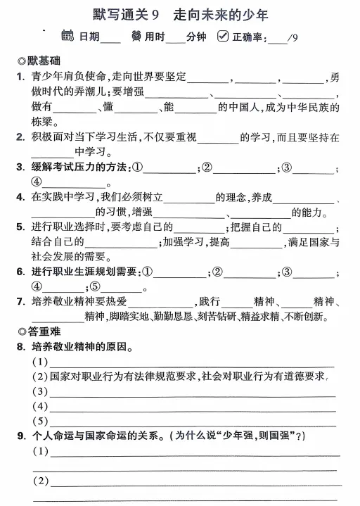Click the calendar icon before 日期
point(67,36)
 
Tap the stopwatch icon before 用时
point(136,36)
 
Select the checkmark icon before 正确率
point(223,36)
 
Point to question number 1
point(22,77)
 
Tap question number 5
point(22,227)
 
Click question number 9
point(22,436)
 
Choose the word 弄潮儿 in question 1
point(91,91)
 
